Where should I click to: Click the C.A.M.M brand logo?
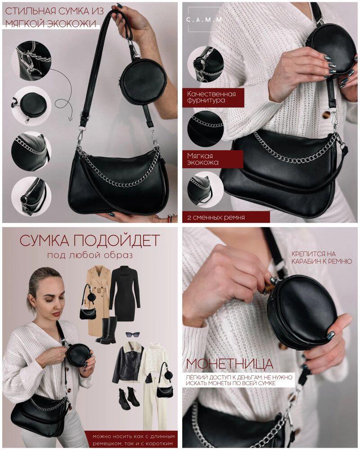click(204, 20)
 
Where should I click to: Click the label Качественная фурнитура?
click(211, 97)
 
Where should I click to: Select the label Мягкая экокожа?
click(202, 159)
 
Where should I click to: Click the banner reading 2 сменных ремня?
click(216, 217)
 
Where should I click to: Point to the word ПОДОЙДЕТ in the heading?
click(116, 240)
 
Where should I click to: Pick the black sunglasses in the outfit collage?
click(133, 334)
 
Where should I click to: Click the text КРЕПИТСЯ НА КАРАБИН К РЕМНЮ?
click(322, 257)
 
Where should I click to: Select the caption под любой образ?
click(90, 255)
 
